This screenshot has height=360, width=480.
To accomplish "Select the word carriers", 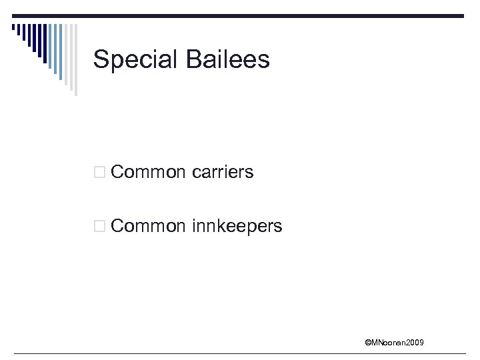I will [223, 172].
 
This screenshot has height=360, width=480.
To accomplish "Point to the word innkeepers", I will [237, 226].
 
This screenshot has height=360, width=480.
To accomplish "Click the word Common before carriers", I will [148, 172].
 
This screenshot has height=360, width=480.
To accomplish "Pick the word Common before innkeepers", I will [148, 226].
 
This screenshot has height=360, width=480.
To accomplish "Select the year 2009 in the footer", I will [413, 343].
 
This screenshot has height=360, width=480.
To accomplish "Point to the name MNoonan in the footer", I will [387, 343].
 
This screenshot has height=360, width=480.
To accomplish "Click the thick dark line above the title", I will [267, 16].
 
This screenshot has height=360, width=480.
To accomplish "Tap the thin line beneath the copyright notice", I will [240, 353].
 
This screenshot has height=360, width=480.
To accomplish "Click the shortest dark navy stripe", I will [13, 27].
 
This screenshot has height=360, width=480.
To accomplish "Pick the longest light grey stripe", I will [75, 60].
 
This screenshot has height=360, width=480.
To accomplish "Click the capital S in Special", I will [101, 59].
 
